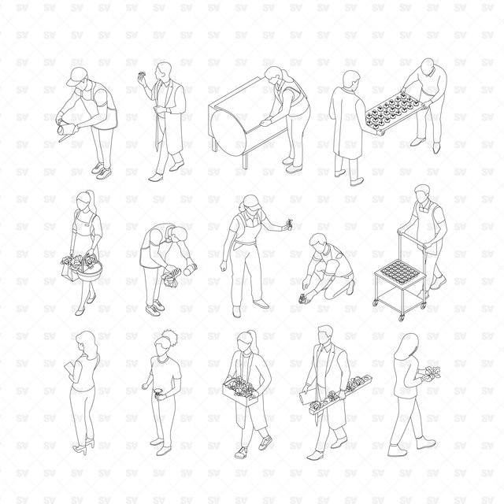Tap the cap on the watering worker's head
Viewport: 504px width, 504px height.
point(76,76)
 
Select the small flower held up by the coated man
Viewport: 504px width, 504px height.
point(142,77)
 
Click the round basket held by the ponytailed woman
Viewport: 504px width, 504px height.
point(89,269)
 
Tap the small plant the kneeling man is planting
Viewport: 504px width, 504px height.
point(302,298)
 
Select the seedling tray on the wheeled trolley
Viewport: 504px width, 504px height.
point(400,272)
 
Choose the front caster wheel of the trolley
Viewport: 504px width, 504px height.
point(402,317)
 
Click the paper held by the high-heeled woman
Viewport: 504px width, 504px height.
point(69,367)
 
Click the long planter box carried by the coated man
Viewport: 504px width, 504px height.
point(341,395)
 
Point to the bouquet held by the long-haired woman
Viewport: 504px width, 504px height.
point(432,373)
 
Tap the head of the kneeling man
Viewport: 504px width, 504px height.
point(318,242)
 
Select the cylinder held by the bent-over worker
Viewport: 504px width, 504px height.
point(190,269)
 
